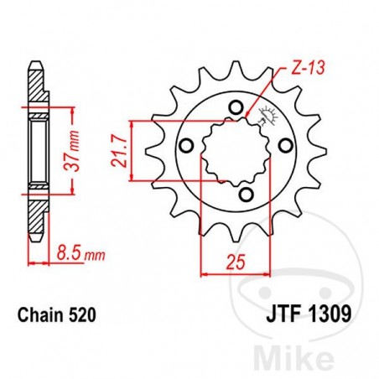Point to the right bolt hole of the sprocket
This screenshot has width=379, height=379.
point(280,157)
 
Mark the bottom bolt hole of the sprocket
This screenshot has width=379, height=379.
point(245,195)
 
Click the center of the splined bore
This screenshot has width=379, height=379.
point(232,151)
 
